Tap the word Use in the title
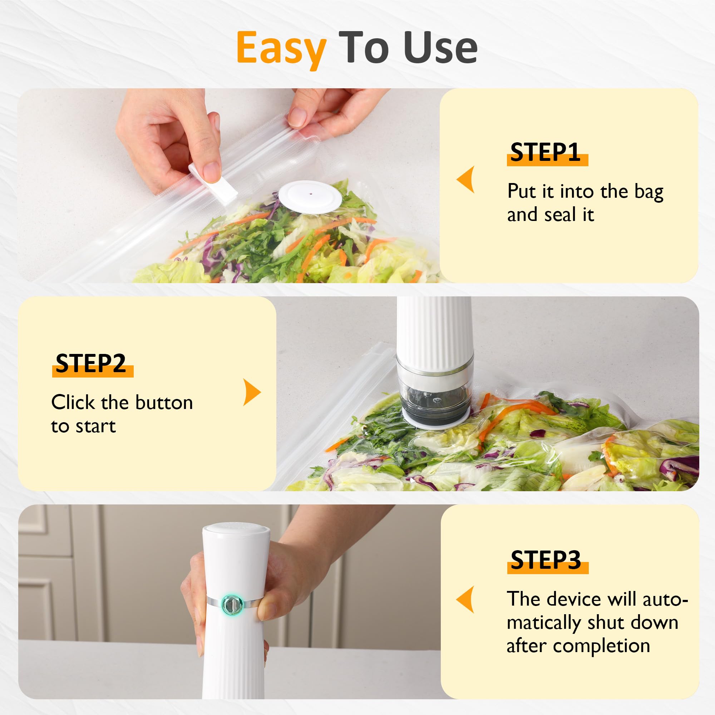(440, 48)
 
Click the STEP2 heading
(91, 364)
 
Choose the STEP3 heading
(546, 560)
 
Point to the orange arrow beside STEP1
(466, 179)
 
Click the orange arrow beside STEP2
(252, 392)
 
